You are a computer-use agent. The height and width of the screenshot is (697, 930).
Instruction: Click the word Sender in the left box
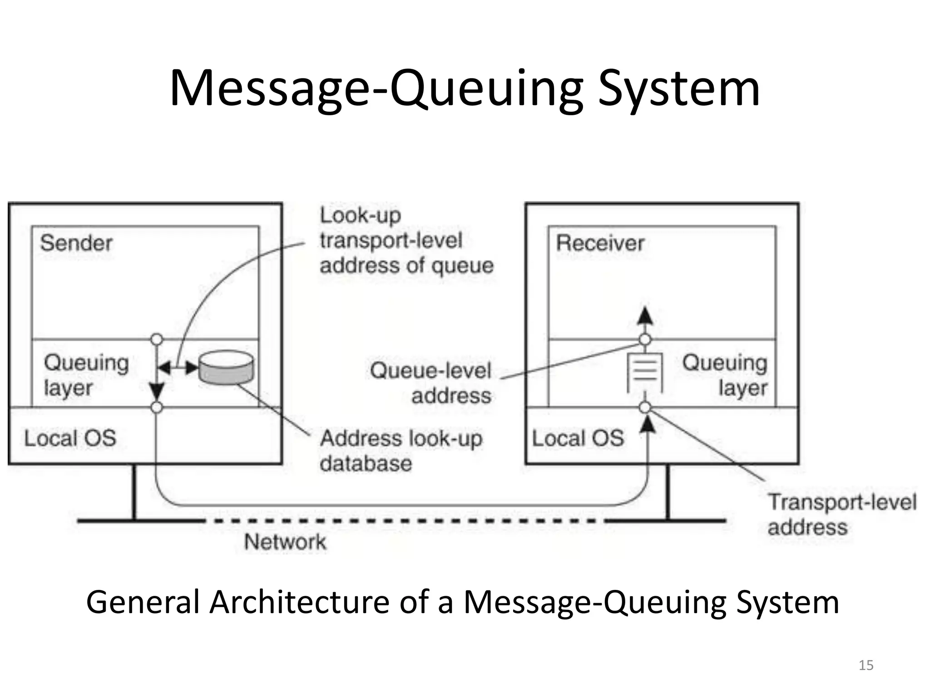tap(76, 243)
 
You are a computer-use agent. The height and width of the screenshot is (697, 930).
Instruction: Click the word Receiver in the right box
tap(600, 243)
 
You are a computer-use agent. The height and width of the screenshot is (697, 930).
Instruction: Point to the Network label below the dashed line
tap(285, 542)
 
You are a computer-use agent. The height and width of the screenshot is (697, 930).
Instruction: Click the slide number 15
tap(866, 665)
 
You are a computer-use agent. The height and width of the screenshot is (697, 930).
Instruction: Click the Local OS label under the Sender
tap(70, 438)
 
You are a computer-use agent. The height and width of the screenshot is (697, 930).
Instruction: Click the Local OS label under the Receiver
tap(578, 438)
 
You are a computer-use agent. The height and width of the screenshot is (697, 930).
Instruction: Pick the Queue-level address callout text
tap(430, 383)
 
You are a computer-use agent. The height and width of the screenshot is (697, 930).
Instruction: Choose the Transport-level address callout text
tap(841, 515)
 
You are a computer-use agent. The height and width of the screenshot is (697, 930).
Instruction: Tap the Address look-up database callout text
tap(401, 451)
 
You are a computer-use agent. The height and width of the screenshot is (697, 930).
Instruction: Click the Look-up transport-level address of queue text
tap(406, 241)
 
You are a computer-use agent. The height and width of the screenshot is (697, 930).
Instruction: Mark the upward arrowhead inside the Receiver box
tap(645, 316)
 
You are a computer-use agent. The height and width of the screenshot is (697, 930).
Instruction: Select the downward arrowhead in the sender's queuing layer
tap(157, 390)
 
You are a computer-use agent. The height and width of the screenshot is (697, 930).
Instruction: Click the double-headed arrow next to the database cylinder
tap(178, 368)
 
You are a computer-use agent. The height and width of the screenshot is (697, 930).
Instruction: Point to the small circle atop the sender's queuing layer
tap(157, 339)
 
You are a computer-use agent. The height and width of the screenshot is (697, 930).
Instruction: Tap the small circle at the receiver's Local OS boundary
tap(645, 407)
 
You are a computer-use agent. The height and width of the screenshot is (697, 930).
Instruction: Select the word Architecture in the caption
tap(299, 602)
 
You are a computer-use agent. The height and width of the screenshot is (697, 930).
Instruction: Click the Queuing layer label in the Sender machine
tap(86, 375)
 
